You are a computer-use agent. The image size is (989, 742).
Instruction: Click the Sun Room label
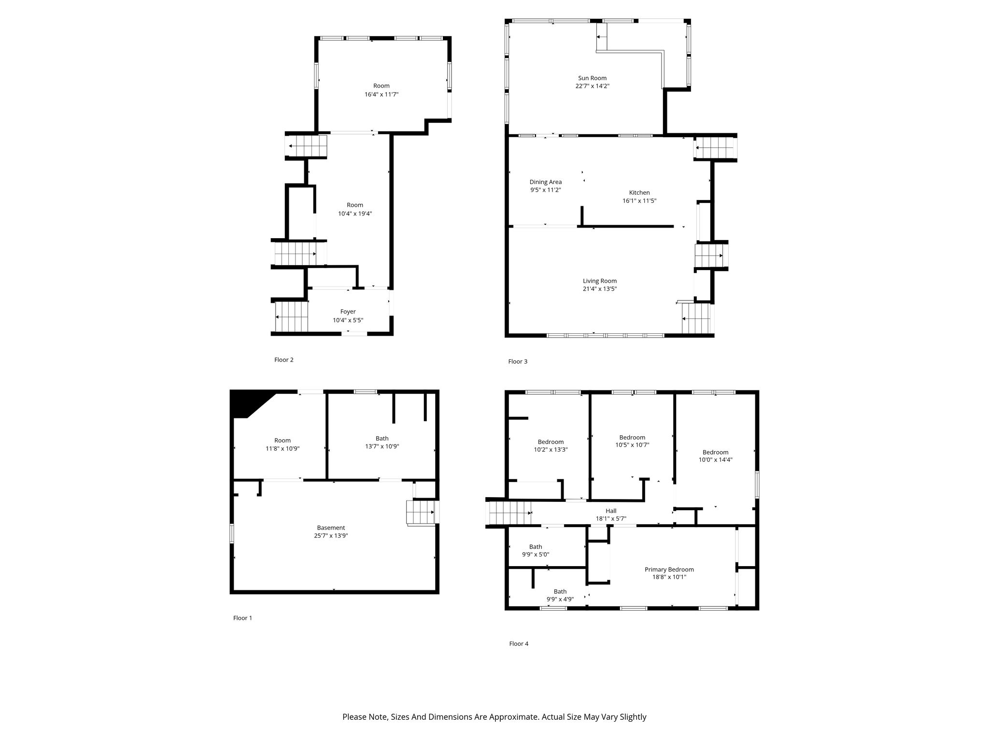pos(592,78)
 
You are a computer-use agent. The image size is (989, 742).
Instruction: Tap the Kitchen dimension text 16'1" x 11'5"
pos(639,200)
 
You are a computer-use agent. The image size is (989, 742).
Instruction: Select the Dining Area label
pos(546,182)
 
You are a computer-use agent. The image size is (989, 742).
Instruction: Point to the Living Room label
pos(600,281)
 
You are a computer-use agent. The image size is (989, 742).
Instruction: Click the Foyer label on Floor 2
pos(348,312)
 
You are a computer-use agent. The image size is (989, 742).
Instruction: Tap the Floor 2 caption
pos(284,360)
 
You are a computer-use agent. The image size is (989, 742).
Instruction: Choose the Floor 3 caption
pos(518,362)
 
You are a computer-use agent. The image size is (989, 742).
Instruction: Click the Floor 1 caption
pos(243,618)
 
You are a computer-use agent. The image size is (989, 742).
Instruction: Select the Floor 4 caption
pos(519,644)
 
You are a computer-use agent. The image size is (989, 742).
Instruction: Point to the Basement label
pos(331,528)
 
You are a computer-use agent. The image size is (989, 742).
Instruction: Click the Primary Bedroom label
pos(669,570)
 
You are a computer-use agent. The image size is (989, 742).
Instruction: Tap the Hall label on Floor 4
pos(611,511)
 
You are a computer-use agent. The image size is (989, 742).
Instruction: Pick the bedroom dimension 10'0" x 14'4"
pos(716,460)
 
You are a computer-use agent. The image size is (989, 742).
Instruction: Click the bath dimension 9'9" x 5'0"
pos(536,555)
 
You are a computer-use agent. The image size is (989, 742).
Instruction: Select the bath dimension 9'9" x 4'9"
pos(560,599)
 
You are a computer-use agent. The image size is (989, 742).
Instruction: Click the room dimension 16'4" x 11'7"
pos(381,95)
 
